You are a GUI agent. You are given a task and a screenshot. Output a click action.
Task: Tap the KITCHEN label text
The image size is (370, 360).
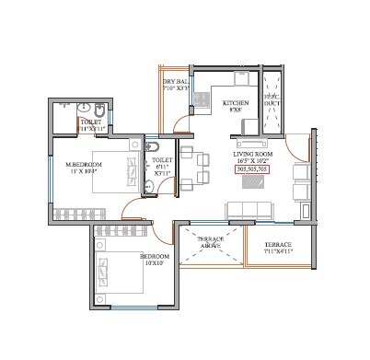pyautogui.click(x=236, y=103)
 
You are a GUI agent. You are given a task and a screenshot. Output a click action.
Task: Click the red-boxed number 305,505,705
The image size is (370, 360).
pyautogui.click(x=252, y=169)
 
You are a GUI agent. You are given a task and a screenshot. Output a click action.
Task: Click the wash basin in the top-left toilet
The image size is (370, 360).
pyautogui.click(x=64, y=105)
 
